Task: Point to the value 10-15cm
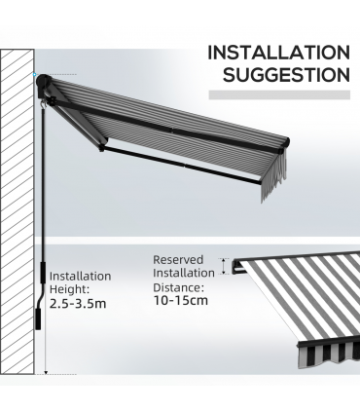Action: coord(180,303)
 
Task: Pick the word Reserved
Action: coord(178,260)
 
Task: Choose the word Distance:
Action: coord(177,288)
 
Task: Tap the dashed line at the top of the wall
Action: coord(58,74)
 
